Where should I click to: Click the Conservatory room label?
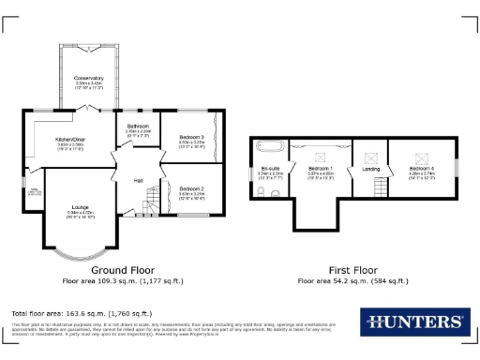coord(89,78)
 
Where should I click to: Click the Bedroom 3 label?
coord(191,138)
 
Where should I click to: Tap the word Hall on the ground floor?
coord(137,180)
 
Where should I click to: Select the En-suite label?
coord(270,169)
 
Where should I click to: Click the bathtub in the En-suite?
coord(268,146)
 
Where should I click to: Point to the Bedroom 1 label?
coord(321,169)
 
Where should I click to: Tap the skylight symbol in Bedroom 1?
coord(321,148)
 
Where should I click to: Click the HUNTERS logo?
coord(413,322)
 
